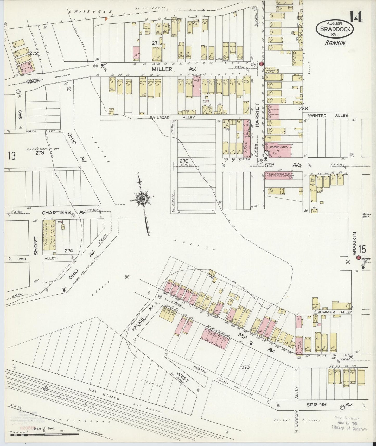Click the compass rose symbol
pos(143,199)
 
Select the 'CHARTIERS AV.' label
pos(64,213)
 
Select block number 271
pos(155,43)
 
